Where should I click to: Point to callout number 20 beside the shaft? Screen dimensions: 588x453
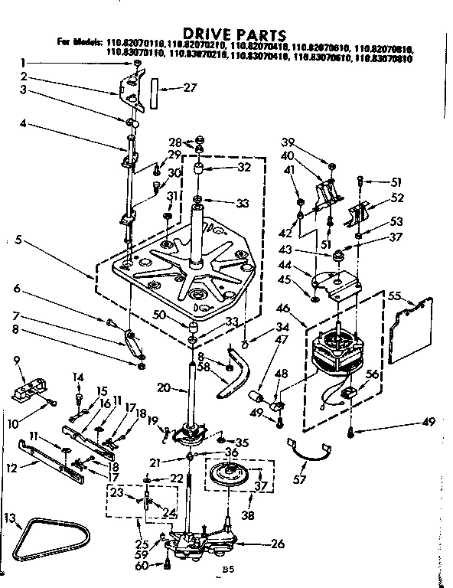161,388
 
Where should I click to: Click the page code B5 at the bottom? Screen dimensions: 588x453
226,570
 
